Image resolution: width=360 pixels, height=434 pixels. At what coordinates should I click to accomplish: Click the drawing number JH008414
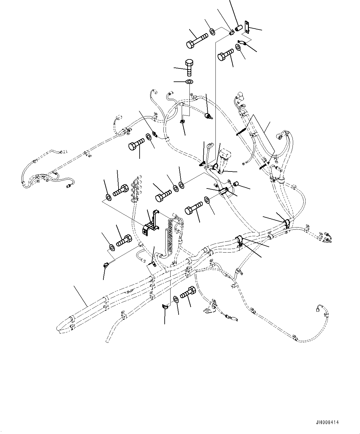[328, 422]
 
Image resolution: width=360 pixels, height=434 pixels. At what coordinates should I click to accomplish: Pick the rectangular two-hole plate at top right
[247, 27]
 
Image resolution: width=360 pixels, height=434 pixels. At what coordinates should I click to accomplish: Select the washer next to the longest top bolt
[212, 31]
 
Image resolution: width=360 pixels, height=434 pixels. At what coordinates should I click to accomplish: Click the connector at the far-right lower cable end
[319, 309]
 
